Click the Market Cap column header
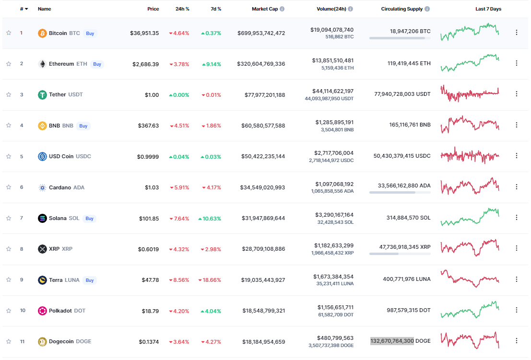click(x=264, y=9)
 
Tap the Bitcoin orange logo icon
click(x=43, y=33)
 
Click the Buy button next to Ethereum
click(x=97, y=64)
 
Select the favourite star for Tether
click(x=9, y=94)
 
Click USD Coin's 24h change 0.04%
click(x=179, y=157)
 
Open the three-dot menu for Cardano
click(x=517, y=186)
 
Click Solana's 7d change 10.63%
click(x=210, y=219)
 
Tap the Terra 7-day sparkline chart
click(x=470, y=279)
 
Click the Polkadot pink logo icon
click(x=43, y=311)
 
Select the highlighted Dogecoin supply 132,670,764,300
click(x=392, y=341)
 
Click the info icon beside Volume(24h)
click(x=351, y=9)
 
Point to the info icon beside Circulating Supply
click(x=427, y=9)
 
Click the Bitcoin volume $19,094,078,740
click(x=331, y=30)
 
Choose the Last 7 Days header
click(x=488, y=9)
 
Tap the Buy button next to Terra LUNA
click(x=89, y=280)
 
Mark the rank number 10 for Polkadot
click(x=23, y=311)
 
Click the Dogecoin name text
click(x=61, y=342)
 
